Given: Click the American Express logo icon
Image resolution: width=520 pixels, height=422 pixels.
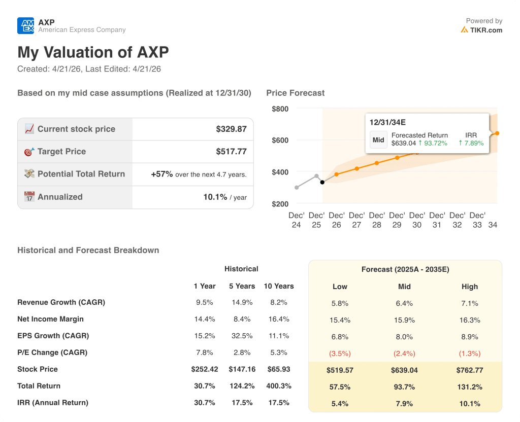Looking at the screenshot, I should point(25,25).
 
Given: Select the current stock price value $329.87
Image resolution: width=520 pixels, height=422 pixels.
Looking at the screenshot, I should point(231,129).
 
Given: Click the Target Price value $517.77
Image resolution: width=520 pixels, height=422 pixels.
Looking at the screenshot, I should point(231,152).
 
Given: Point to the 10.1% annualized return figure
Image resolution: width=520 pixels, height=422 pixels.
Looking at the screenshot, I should point(215,197).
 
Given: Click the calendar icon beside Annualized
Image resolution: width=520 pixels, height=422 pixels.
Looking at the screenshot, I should point(29,197).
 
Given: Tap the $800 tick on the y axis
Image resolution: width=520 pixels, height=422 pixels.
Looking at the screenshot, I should point(280,109).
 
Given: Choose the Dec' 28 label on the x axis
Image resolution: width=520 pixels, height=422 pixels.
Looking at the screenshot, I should point(376,220).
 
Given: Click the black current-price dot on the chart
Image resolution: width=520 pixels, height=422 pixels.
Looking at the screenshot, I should point(322,182).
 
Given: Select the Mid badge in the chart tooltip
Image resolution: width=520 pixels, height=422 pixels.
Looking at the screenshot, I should point(378,139).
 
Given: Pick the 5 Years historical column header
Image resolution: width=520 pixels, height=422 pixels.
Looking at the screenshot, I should point(242,286).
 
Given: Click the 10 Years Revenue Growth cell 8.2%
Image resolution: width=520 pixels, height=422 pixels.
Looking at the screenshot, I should point(278,302).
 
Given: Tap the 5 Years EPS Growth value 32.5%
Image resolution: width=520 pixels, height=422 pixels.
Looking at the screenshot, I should point(242,336).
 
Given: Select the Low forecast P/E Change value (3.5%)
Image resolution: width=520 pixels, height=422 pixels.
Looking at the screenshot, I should point(340,354).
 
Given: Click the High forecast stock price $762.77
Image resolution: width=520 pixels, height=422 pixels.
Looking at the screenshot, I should point(469,370).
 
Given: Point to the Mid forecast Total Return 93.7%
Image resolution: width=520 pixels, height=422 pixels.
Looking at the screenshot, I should point(404,387).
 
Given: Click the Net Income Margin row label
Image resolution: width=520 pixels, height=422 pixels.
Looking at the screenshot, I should point(50,319).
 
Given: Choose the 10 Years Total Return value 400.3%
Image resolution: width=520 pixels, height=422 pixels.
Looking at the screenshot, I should point(278,386).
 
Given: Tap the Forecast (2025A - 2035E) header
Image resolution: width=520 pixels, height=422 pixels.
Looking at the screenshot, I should point(405,269).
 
